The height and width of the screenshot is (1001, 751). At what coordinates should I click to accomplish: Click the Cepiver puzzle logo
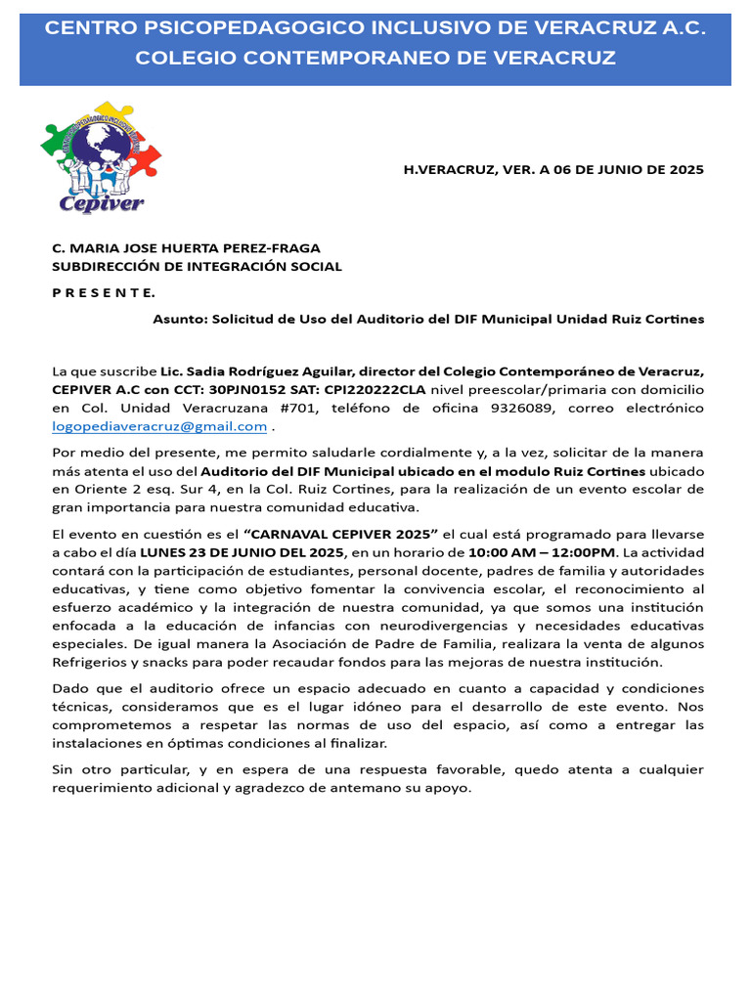pyautogui.click(x=101, y=157)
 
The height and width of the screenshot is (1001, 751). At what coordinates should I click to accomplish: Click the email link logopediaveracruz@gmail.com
pyautogui.click(x=159, y=426)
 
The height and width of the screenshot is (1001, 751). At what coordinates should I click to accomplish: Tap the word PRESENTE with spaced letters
pyautogui.click(x=103, y=292)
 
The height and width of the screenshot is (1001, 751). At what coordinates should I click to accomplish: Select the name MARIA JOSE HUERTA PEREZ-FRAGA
pyautogui.click(x=193, y=248)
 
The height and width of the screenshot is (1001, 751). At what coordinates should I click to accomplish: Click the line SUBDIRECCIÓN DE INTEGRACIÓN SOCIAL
pyautogui.click(x=197, y=266)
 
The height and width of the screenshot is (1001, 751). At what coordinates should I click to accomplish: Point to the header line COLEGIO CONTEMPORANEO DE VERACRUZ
pyautogui.click(x=375, y=59)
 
